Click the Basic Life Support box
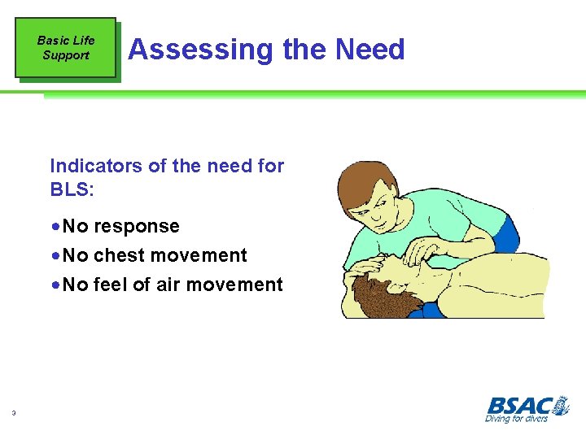click(66, 48)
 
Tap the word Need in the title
click(369, 50)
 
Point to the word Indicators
click(96, 166)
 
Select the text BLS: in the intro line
click(72, 189)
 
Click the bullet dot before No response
click(55, 226)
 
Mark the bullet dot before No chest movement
click(55, 255)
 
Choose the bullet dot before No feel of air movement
click(55, 285)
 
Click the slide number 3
click(14, 414)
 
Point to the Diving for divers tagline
click(516, 418)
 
